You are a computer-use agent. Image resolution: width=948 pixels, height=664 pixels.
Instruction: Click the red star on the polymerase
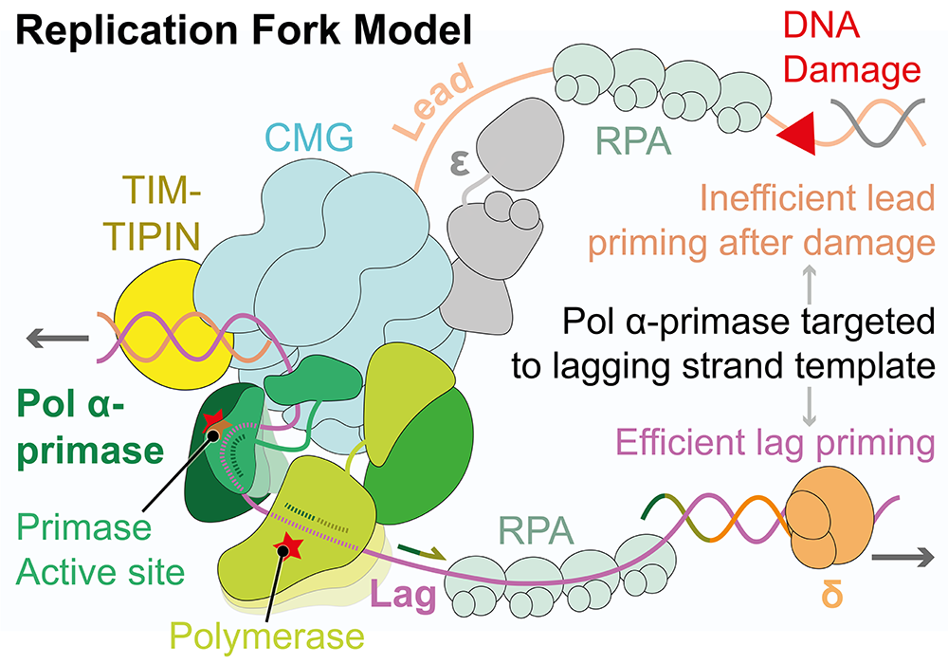[x=283, y=546]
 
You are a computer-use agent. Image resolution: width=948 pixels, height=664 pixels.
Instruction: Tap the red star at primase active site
[x=213, y=417]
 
